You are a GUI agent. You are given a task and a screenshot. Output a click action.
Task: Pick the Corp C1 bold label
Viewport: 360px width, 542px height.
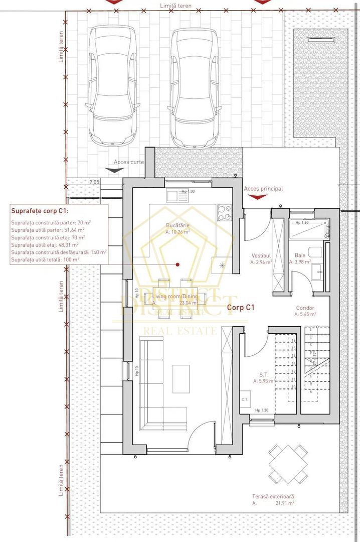click(242, 307)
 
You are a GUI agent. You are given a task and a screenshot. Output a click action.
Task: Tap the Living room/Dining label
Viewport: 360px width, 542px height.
click(175, 297)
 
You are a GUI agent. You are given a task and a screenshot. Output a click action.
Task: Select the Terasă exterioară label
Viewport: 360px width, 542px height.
click(273, 496)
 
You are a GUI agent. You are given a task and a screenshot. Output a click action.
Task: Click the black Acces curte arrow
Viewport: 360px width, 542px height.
click(116, 170)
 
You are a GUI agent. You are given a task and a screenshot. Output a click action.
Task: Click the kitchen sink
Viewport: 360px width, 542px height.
click(175, 196)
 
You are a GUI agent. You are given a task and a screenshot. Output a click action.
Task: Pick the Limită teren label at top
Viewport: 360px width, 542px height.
click(175, 6)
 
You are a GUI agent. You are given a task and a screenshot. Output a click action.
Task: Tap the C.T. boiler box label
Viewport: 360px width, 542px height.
click(245, 399)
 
